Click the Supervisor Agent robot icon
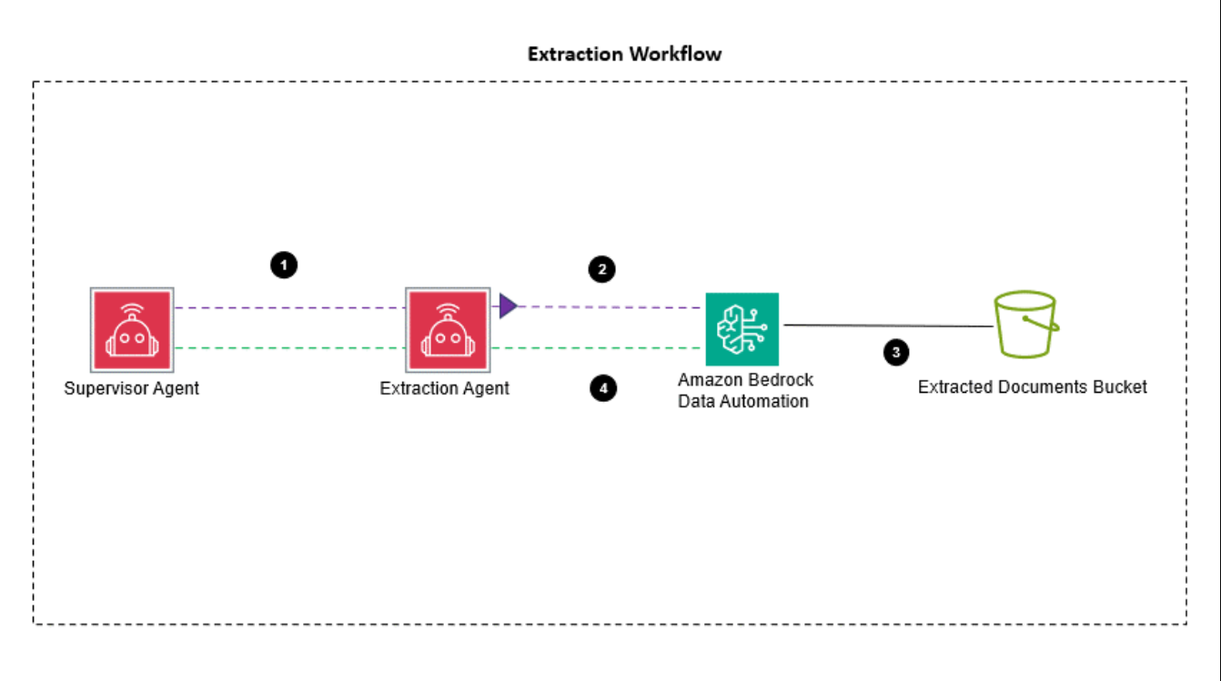coord(131,329)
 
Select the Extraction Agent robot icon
coord(446,329)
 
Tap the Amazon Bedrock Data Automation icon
coord(742,329)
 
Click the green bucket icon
coord(1025,324)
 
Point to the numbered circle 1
coord(284,265)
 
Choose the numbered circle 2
coord(601,268)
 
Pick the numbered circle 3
coord(896,353)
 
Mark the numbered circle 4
coord(602,388)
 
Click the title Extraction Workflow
coord(625,54)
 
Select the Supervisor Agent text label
coord(131,388)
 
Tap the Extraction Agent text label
coord(444,388)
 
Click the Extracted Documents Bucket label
coord(1032,387)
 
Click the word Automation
coord(765,401)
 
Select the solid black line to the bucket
coord(887,325)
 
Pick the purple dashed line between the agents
coord(289,308)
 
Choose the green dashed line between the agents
coord(289,348)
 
